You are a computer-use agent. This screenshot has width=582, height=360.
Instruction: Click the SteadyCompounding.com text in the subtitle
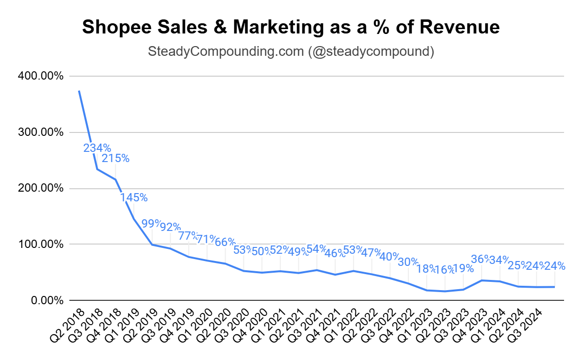click(226, 51)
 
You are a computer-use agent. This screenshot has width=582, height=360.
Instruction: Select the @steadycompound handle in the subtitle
click(371, 51)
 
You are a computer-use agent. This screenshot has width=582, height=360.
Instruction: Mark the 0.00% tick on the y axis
click(47, 300)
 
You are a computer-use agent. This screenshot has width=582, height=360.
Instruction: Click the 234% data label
click(97, 148)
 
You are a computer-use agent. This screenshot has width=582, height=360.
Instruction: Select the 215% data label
click(115, 158)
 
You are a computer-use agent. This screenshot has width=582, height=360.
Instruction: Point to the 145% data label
click(133, 197)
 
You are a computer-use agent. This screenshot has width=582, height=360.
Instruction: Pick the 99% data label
click(151, 224)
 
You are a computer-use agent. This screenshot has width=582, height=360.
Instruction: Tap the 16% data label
click(445, 270)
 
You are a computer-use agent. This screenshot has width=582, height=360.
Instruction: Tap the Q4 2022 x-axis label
click(397, 325)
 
